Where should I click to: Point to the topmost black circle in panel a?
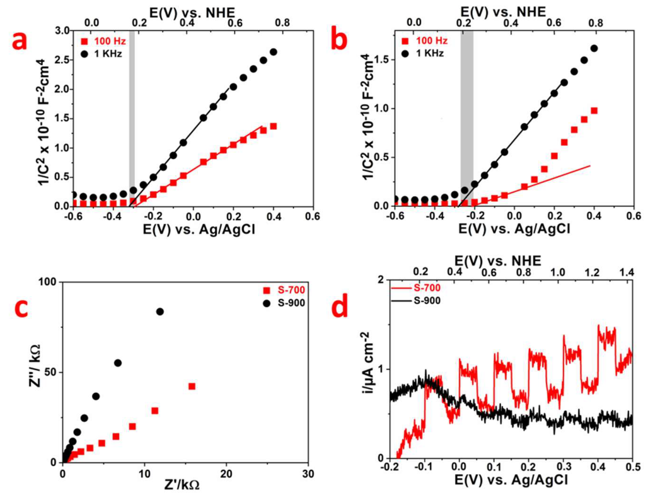click(x=273, y=52)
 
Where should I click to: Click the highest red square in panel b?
click(x=594, y=111)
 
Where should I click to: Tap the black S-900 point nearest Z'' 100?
click(x=160, y=312)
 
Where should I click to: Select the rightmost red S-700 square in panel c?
click(x=192, y=386)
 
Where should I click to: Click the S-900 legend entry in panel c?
click(x=285, y=303)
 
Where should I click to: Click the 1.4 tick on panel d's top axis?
click(x=627, y=272)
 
